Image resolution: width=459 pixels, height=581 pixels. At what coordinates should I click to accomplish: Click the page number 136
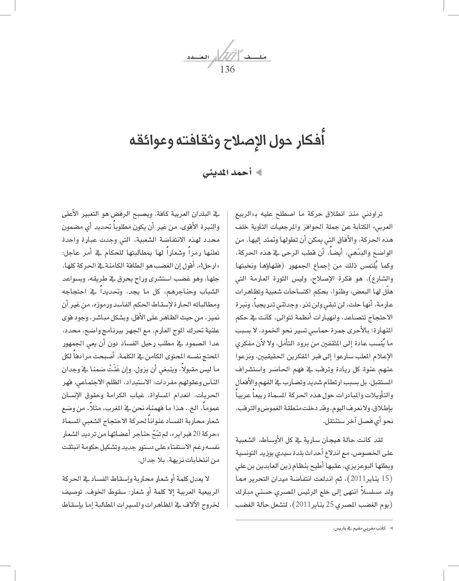pos(227,69)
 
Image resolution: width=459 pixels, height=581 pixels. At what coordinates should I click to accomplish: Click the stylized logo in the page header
pos(227,53)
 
